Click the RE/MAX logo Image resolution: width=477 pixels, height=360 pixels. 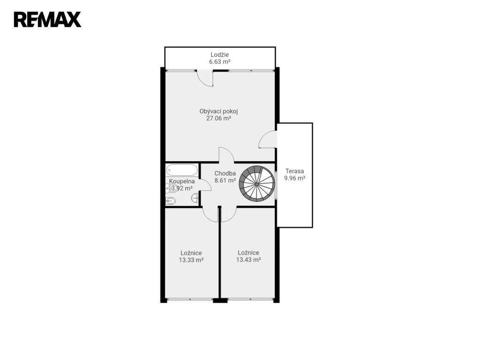coord(47,20)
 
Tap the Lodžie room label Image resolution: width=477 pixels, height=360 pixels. coord(220,55)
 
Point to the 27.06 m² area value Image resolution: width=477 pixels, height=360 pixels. coord(219,118)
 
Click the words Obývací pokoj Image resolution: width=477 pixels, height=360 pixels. coord(219,111)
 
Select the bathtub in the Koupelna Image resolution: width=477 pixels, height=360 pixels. coord(182,170)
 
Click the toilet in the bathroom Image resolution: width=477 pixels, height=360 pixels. coord(172,188)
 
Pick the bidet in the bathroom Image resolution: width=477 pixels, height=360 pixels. coord(170,201)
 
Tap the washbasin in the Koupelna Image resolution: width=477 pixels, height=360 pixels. coord(195,199)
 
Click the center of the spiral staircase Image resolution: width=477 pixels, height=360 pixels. coord(257,184)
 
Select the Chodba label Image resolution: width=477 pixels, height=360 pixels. coord(225,173)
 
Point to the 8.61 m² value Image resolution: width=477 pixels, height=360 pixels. coord(225,180)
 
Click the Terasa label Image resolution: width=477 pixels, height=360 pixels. coord(295,171)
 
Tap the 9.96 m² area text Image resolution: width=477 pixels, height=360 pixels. coord(295,178)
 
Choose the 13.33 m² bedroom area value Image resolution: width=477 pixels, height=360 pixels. coord(191,260)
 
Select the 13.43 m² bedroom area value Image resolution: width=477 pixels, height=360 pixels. coord(249,260)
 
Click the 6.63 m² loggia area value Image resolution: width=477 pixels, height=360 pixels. coord(220,62)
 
